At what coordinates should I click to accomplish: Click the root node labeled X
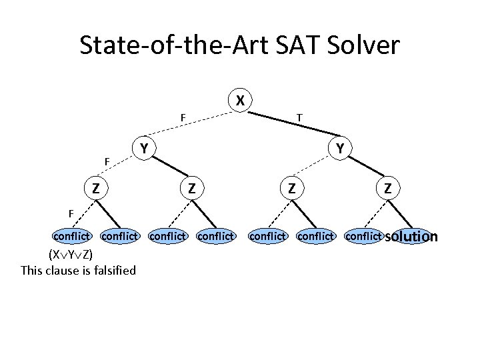click(241, 101)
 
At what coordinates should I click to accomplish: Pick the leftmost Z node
click(96, 189)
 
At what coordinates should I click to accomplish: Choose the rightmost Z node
click(387, 189)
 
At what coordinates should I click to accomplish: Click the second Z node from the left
click(191, 189)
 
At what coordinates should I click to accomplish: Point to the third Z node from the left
click(291, 189)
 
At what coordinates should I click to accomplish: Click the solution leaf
click(411, 236)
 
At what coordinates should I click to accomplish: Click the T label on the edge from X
click(300, 118)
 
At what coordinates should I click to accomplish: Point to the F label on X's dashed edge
click(183, 118)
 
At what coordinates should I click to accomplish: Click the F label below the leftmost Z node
click(71, 213)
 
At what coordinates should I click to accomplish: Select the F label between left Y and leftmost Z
click(107, 161)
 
